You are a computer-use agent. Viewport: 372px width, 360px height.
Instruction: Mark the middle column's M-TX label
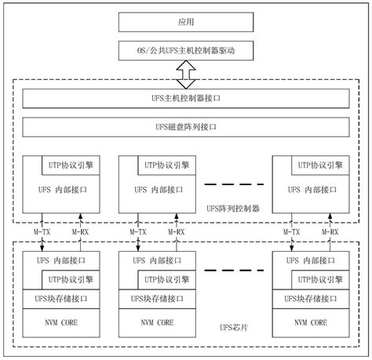click(137, 232)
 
